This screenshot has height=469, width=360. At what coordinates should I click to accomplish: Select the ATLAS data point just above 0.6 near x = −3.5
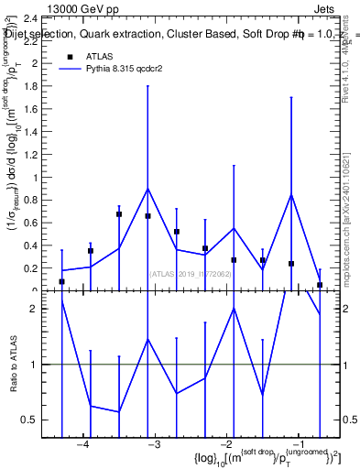[x=119, y=214]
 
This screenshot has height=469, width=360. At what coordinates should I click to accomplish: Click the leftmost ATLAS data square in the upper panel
[x=61, y=282]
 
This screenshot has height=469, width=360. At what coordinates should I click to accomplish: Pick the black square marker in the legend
[x=70, y=57]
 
